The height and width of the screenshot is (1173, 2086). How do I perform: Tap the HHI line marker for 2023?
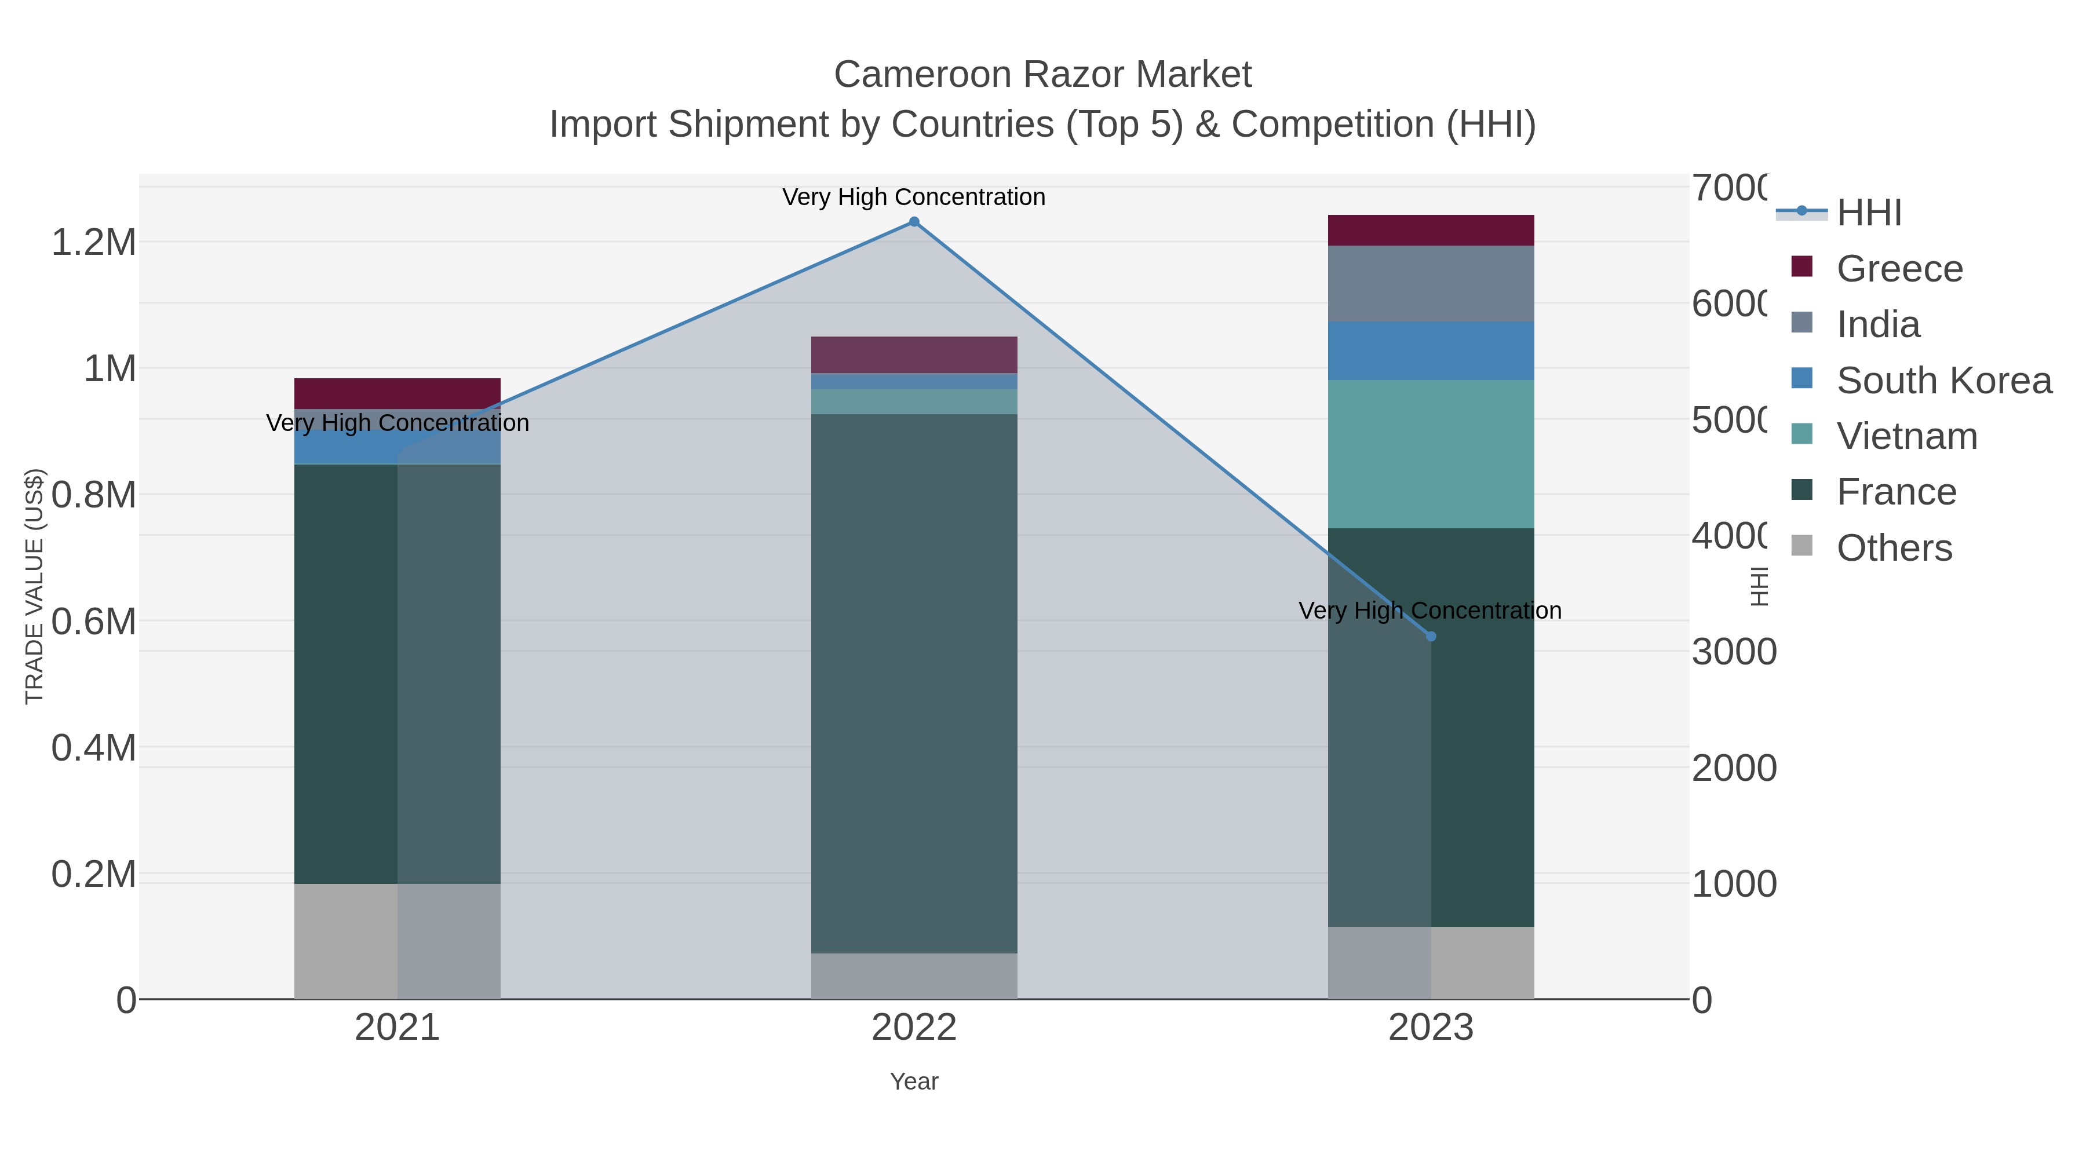click(x=1431, y=636)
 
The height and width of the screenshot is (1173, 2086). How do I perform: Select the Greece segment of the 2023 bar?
click(x=1431, y=231)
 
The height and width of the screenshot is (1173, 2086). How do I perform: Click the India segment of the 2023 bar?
click(x=1431, y=283)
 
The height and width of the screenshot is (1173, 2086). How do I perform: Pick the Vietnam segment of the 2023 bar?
click(x=1431, y=454)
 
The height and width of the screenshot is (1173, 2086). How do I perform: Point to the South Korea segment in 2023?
click(x=1431, y=350)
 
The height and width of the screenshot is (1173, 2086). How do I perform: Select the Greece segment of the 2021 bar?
click(x=397, y=393)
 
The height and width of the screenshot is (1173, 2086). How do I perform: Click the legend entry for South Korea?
click(x=1943, y=381)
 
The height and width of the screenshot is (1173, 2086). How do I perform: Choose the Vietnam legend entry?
click(x=1906, y=436)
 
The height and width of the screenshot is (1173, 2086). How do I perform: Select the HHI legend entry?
click(x=1869, y=213)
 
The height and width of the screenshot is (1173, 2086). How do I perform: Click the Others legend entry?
click(x=1893, y=548)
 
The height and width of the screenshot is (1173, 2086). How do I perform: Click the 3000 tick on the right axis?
click(x=1733, y=652)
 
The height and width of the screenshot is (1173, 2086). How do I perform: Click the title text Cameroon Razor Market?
click(x=1042, y=75)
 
